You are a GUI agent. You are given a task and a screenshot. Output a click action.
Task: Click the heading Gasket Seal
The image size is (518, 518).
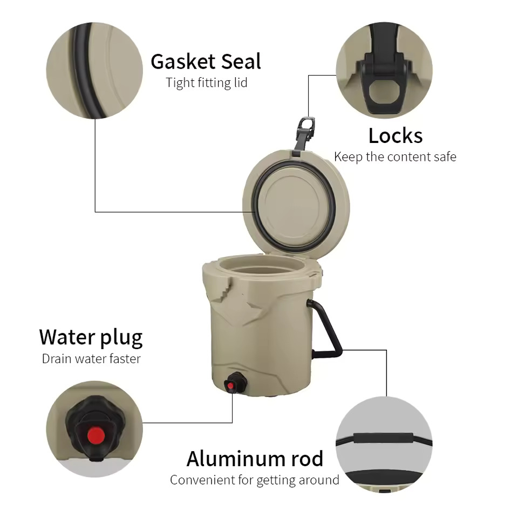[206, 62]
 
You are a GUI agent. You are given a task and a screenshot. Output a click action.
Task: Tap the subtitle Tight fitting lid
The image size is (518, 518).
[207, 83]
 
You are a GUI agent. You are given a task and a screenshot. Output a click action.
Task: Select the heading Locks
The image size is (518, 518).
[396, 135]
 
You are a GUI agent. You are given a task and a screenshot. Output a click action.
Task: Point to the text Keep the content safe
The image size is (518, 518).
[395, 156]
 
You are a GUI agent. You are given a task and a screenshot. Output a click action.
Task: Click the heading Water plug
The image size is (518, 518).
[91, 338]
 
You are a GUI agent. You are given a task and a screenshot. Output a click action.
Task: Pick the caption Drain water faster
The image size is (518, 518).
[91, 359]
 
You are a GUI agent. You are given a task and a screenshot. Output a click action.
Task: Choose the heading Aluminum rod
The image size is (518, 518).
[255, 459]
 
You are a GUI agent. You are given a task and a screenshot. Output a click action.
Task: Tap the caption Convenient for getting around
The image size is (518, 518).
[254, 480]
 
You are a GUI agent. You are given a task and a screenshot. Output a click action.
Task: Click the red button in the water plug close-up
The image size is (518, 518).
[96, 435]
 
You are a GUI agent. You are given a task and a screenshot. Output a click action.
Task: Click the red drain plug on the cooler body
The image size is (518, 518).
[230, 385]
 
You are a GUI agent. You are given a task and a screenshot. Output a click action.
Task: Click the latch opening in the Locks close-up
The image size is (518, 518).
[384, 92]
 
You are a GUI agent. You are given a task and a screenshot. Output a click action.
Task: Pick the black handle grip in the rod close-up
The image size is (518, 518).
[383, 438]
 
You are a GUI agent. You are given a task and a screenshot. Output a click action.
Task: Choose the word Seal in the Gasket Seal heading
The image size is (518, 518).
[241, 62]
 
